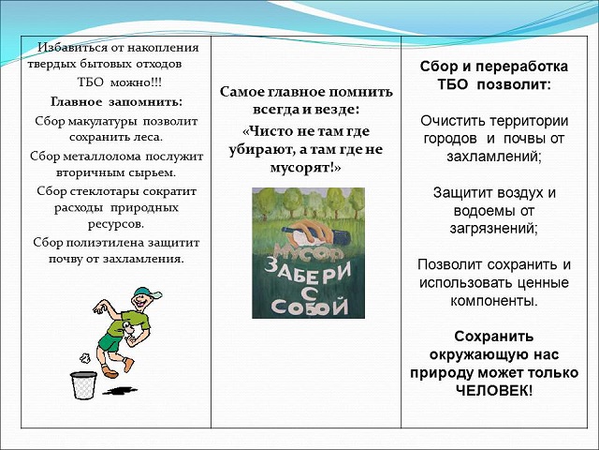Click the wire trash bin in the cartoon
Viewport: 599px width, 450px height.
pos(83,385)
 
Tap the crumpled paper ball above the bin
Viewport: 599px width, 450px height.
pos(84,358)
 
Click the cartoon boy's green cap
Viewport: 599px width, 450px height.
pos(147,292)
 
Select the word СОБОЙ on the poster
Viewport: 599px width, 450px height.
pos(310,307)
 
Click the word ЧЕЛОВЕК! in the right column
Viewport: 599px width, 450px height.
pos(494,391)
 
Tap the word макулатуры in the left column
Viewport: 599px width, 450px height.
pos(102,121)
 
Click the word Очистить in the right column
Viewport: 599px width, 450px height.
pos(453,121)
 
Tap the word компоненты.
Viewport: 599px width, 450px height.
pos(494,301)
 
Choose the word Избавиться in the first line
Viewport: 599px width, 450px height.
pos(73,48)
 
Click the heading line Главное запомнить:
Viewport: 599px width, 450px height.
pos(116,102)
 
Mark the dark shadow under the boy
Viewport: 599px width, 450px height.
pos(120,391)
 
